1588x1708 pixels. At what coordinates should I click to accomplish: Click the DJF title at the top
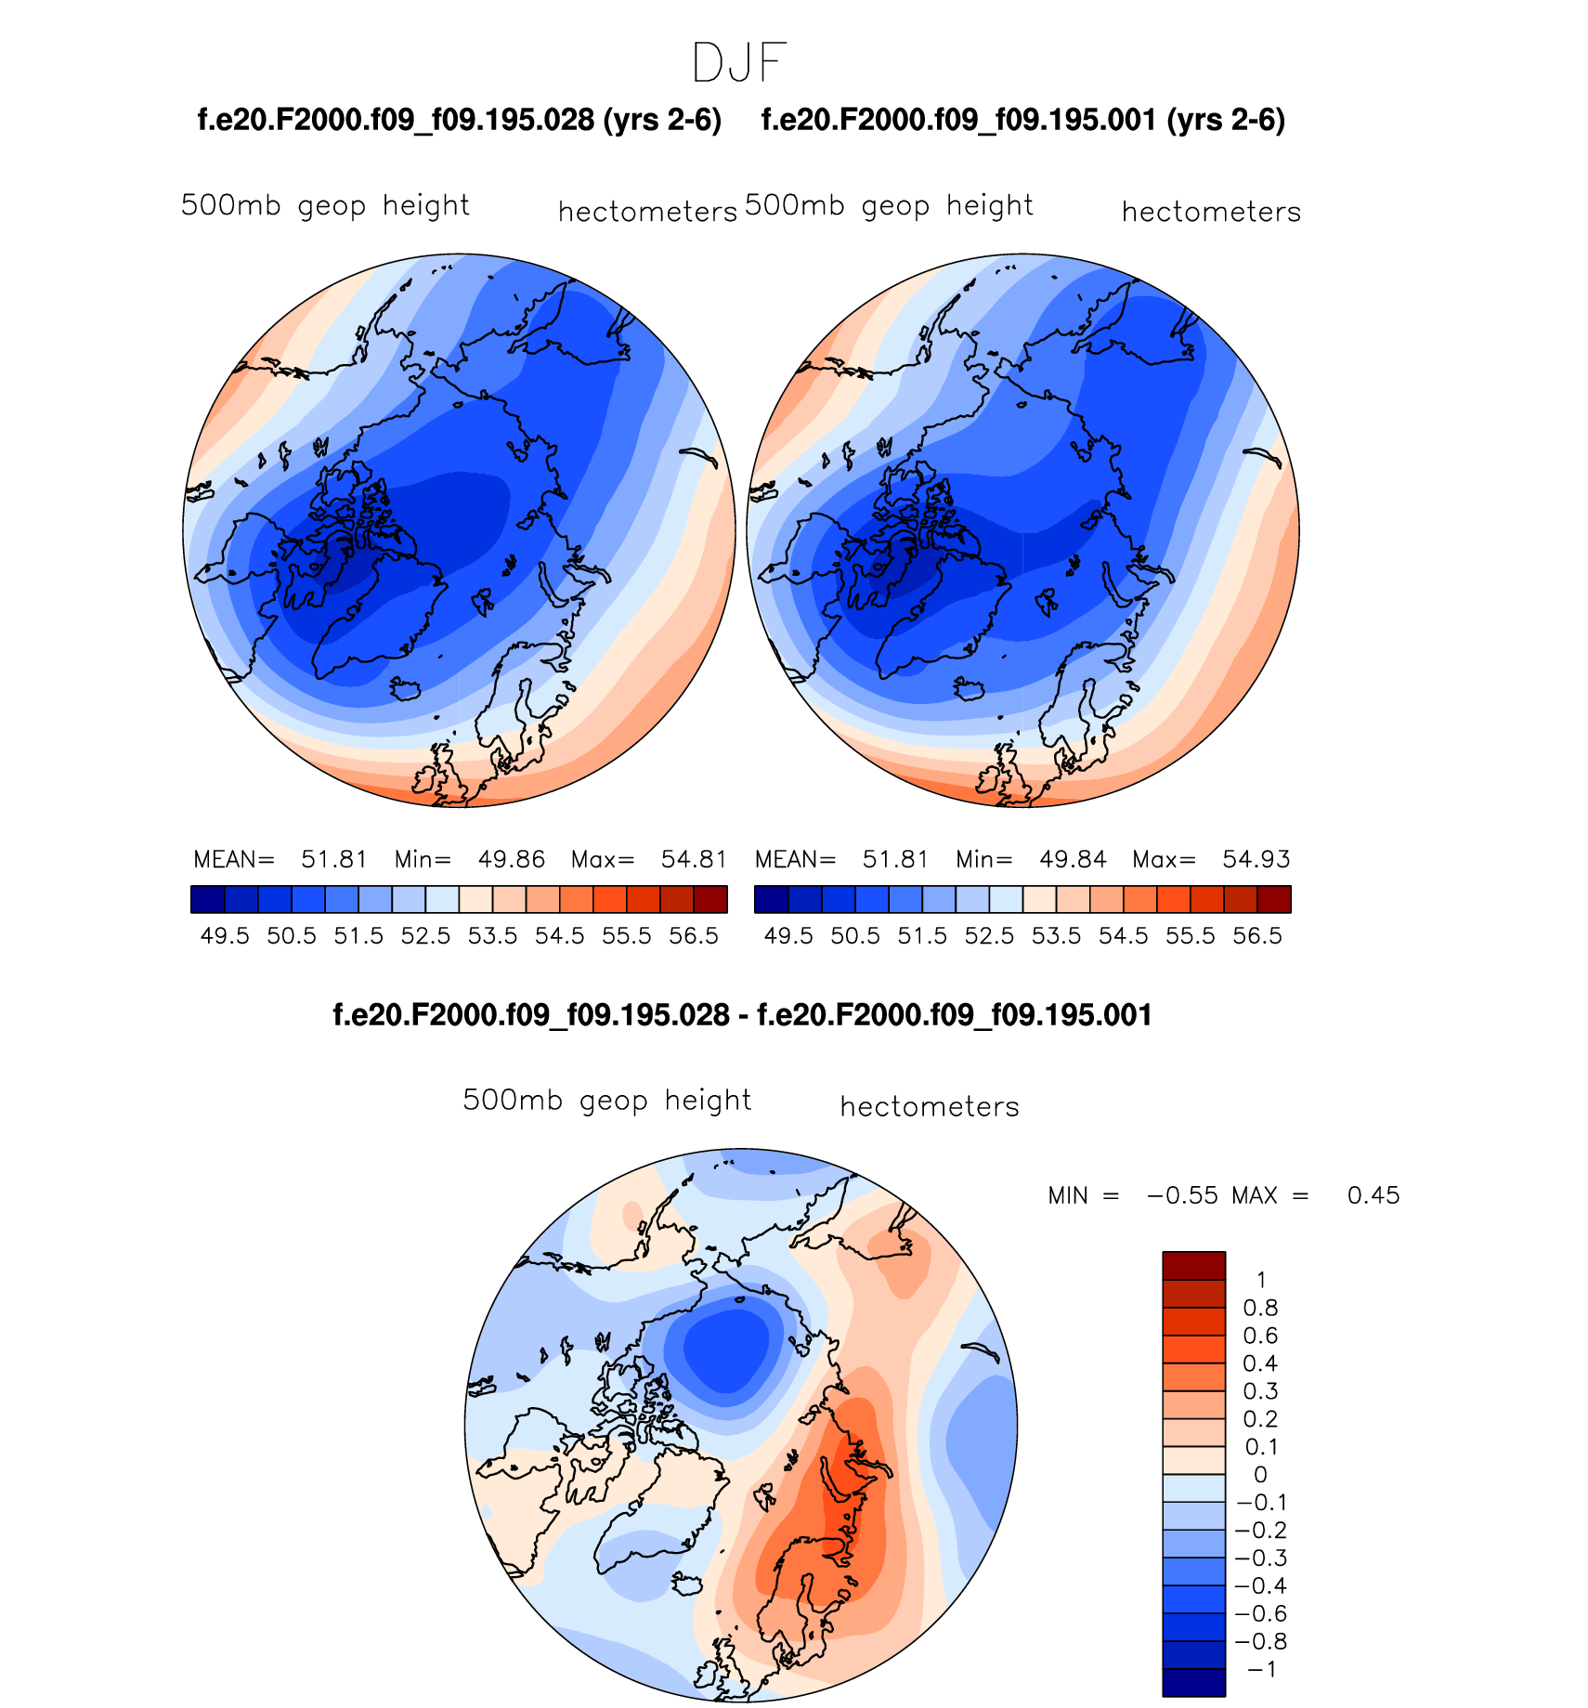[x=739, y=63]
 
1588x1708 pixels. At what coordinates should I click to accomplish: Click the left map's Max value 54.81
[x=694, y=859]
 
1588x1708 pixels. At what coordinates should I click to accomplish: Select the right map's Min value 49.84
[x=1073, y=859]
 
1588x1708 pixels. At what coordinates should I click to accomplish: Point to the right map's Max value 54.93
[x=1256, y=859]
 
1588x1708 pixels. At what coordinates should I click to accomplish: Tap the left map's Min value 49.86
[x=511, y=859]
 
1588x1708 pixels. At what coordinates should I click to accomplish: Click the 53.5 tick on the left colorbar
[x=492, y=935]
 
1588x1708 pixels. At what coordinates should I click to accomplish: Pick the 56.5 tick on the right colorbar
[x=1257, y=935]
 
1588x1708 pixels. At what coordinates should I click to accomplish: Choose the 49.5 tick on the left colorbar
[x=225, y=935]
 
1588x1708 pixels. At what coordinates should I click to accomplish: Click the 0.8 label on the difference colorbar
[x=1260, y=1308]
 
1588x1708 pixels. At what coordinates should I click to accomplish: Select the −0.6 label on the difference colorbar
[x=1260, y=1613]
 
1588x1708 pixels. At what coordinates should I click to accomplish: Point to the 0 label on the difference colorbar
[x=1260, y=1475]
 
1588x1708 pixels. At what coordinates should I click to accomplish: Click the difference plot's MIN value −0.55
[x=1182, y=1195]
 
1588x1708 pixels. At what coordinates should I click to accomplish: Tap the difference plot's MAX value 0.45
[x=1373, y=1195]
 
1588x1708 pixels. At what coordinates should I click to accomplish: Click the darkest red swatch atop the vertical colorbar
[x=1193, y=1265]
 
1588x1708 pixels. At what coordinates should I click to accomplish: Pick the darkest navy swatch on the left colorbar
[x=207, y=899]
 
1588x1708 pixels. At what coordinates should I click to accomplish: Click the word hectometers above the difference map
[x=930, y=1107]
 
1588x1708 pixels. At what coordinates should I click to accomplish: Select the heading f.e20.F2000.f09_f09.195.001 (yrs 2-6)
[x=1022, y=120]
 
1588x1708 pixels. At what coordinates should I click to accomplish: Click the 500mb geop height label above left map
[x=325, y=205]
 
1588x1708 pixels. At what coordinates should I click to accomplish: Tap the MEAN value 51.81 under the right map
[x=895, y=859]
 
